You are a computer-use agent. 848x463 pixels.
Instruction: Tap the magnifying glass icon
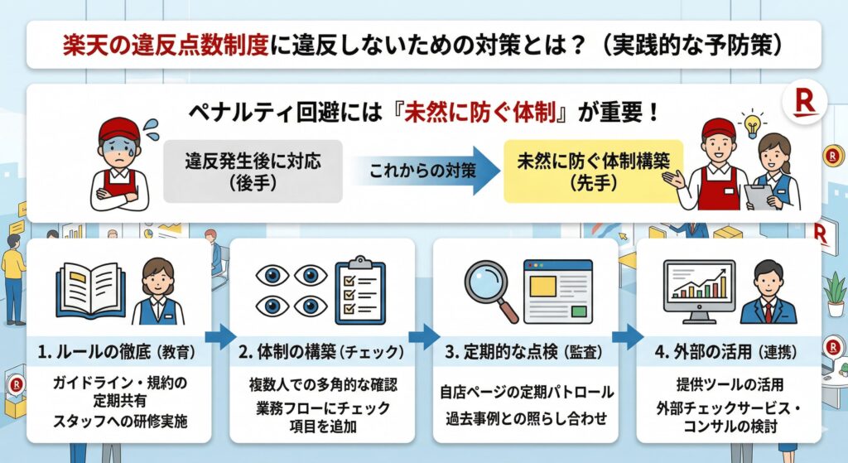pyautogui.click(x=489, y=290)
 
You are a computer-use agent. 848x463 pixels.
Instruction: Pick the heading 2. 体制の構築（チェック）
pyautogui.click(x=319, y=351)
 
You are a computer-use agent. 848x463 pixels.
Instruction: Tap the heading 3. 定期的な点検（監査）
pyautogui.click(x=522, y=351)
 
